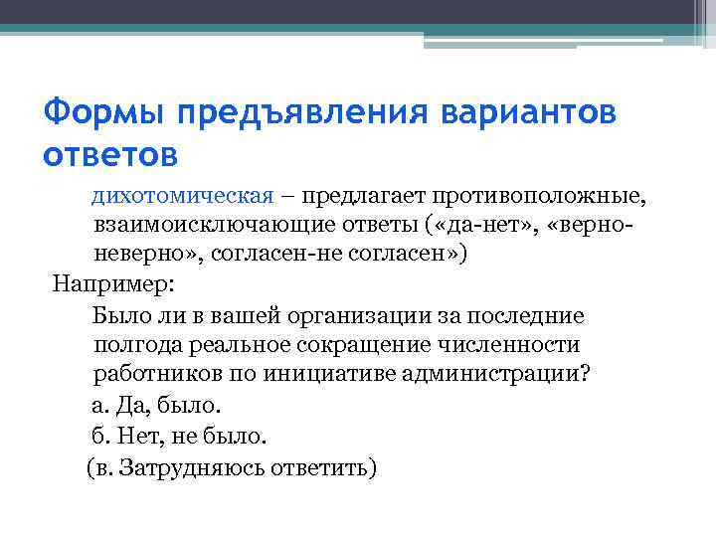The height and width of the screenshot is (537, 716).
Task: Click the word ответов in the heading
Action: point(111,155)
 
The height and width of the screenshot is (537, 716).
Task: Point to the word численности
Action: point(516,345)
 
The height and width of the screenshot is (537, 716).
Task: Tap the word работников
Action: point(152,374)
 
